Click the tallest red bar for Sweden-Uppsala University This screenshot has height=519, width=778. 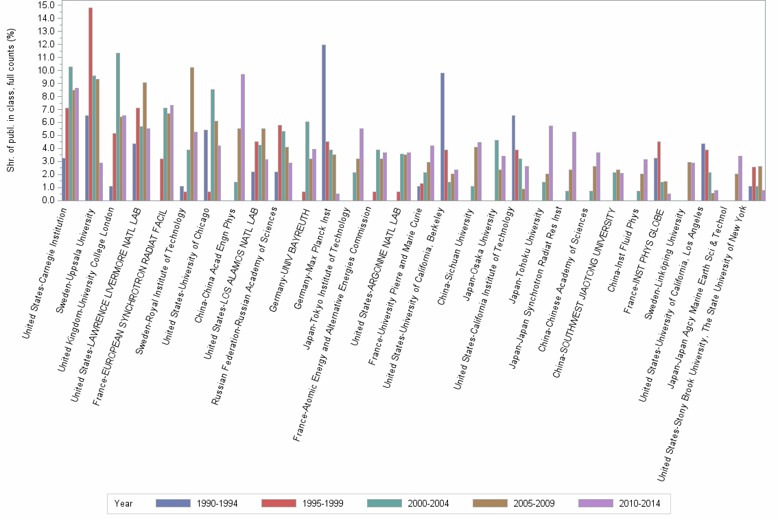tap(91, 103)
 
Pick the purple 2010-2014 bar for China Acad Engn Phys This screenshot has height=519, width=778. tap(243, 137)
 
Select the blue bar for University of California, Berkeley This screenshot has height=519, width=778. tap(443, 137)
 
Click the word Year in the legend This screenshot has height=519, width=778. tap(124, 504)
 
